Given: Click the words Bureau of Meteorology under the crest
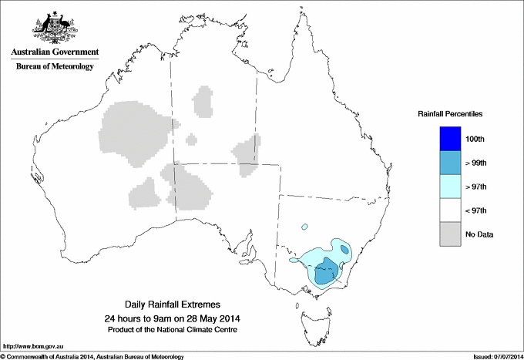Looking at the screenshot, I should click(55, 67).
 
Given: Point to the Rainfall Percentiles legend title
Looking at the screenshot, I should click(450, 114).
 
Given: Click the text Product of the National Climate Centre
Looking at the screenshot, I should click(171, 329).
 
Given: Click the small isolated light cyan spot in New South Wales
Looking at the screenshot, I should click(305, 227).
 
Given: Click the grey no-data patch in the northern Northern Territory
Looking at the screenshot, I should click(203, 101).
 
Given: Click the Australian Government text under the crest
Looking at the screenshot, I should click(55, 52).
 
